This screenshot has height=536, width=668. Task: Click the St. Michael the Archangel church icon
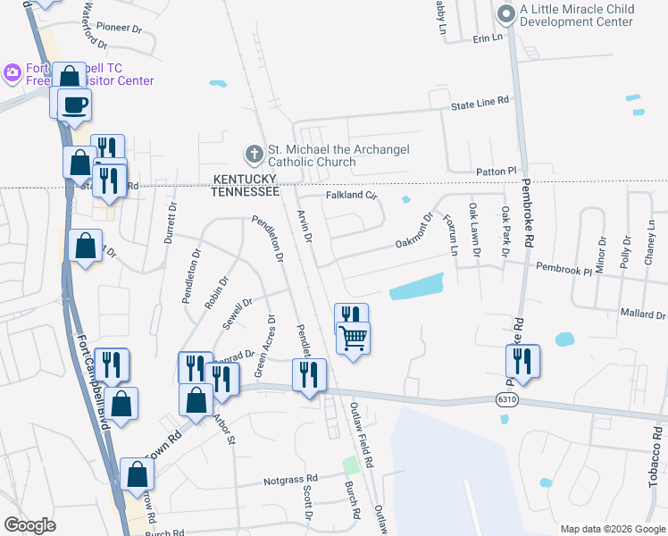pyautogui.click(x=255, y=153)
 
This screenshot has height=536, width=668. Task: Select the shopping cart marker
pyautogui.click(x=354, y=338)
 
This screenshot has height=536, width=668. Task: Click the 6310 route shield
pyautogui.click(x=507, y=402)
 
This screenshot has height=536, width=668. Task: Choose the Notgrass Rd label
pyautogui.click(x=290, y=481)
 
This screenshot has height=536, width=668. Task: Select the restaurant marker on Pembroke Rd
pyautogui.click(x=522, y=360)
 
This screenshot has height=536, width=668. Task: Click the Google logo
pyautogui.click(x=29, y=525)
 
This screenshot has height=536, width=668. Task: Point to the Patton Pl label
pyautogui.click(x=497, y=171)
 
